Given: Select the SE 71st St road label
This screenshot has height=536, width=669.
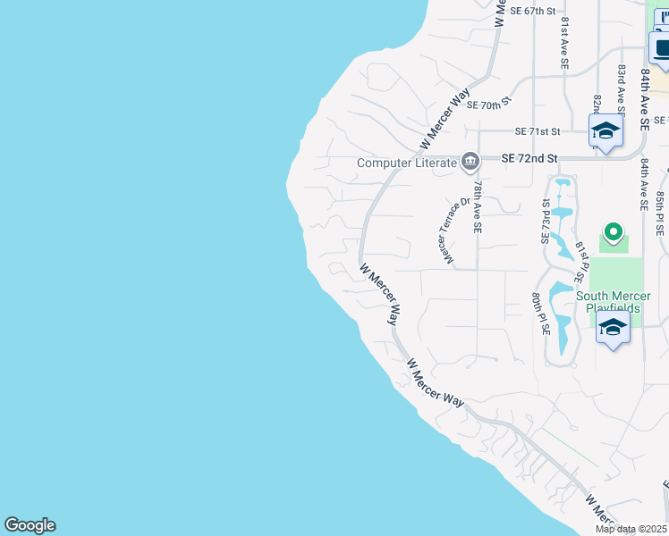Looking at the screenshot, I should pos(536,131).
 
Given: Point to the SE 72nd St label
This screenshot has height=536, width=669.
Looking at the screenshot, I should pos(529,158).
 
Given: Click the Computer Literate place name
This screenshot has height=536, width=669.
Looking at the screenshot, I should pos(407,163).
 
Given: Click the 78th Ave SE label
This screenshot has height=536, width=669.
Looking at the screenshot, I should pos(478,206).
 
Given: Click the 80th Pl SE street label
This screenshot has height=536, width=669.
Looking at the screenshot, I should pos(539,312).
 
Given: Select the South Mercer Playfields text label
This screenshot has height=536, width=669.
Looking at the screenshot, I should pos(608,302).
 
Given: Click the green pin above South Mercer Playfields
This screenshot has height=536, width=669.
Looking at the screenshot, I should pos(613,233).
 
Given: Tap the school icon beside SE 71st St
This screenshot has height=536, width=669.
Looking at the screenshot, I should pos(605,131).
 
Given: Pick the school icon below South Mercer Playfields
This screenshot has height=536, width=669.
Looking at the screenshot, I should pos(614,328).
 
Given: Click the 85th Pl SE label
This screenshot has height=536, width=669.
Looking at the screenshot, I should pos(660,212).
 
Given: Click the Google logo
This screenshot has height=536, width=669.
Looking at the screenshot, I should pos(30,525).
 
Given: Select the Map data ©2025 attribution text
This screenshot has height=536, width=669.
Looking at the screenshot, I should pos(631,529).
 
